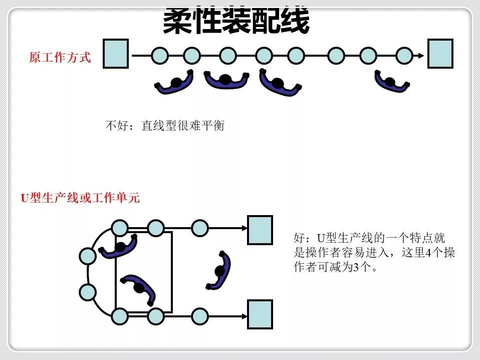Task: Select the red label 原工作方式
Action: pos(60,58)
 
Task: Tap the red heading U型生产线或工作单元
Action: pos(80,198)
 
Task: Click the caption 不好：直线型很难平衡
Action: pos(165,125)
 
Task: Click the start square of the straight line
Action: pos(116,54)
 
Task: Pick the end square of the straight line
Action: pos(440,54)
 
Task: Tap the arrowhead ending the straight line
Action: pos(421,55)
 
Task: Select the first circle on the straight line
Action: pos(159,55)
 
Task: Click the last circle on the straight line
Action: pos(404,55)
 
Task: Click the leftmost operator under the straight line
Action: pos(175,83)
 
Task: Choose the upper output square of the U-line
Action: pos(260,230)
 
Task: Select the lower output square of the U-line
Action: pos(260,314)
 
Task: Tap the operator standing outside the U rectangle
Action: pos(220,271)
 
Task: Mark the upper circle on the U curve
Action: pos(88,256)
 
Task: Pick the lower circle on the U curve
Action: pos(88,291)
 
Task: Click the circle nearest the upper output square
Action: pos(199,228)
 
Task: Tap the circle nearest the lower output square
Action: pos(199,316)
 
